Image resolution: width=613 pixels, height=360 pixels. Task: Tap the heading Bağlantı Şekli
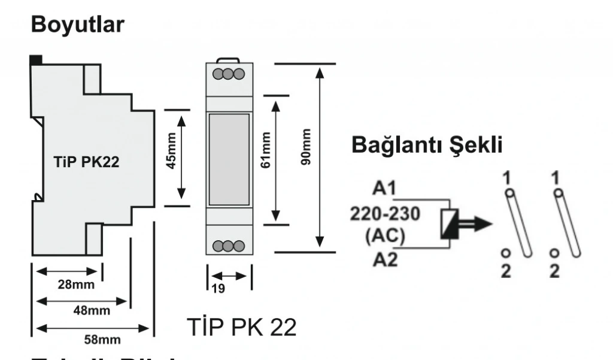[426, 146]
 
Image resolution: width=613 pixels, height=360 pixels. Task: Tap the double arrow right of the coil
[477, 225]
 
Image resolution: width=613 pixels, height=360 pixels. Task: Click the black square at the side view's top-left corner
[35, 59]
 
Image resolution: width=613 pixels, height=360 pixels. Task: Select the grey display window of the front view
[229, 160]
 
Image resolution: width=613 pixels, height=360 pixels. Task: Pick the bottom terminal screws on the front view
[229, 246]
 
